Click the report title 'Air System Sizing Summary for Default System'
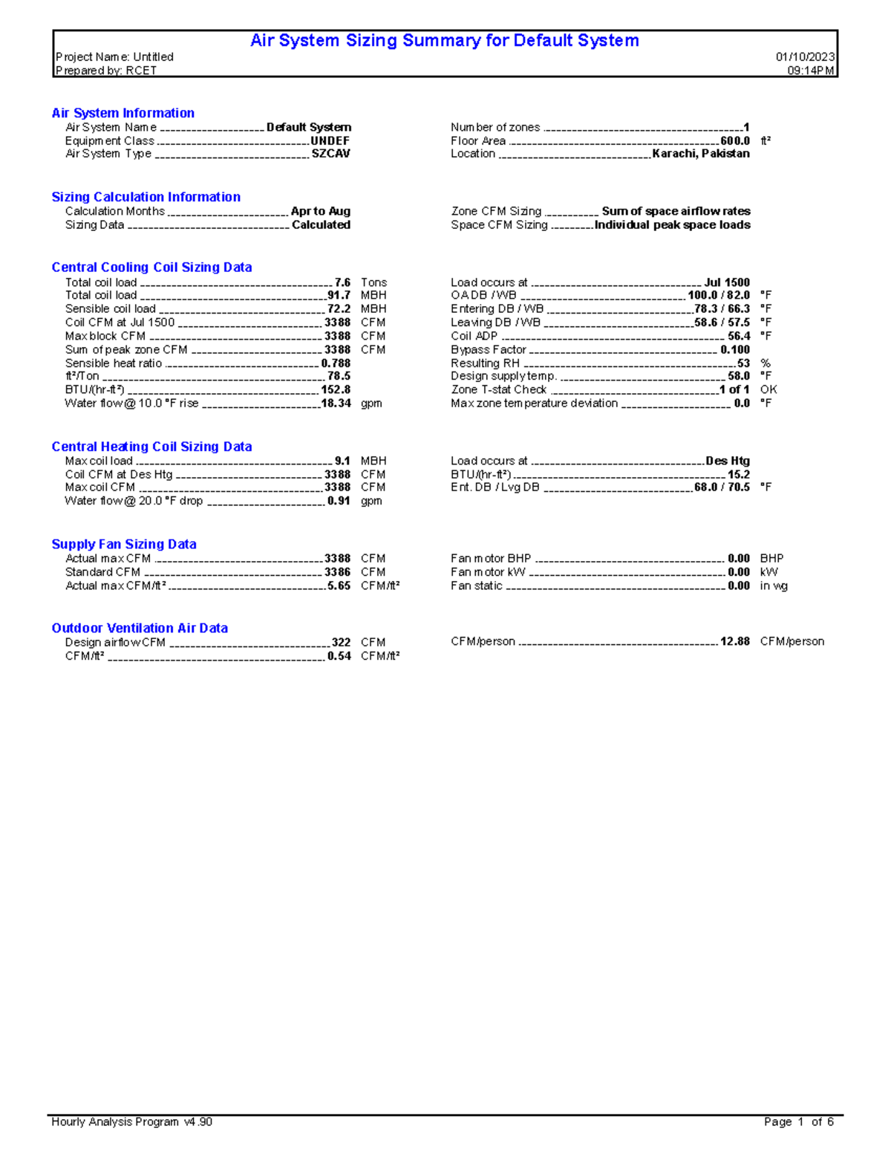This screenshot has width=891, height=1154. click(444, 41)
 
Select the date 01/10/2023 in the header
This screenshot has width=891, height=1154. click(805, 57)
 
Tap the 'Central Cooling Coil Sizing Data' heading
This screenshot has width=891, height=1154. click(151, 268)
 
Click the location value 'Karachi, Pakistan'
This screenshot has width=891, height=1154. click(700, 154)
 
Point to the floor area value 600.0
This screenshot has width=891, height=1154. click(734, 140)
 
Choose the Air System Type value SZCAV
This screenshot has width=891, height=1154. click(330, 154)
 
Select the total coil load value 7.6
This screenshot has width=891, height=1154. click(342, 282)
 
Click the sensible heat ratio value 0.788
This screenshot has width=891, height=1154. click(336, 363)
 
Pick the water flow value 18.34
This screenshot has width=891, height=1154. click(336, 403)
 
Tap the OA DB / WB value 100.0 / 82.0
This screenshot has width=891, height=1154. click(718, 295)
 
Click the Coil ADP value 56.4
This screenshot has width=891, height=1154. click(738, 336)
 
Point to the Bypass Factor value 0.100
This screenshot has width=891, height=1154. click(734, 350)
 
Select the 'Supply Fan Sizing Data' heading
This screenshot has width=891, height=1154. click(124, 545)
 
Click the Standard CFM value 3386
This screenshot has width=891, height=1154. click(337, 572)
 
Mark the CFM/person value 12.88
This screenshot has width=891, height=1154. click(734, 641)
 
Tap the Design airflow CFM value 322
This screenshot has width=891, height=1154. click(341, 642)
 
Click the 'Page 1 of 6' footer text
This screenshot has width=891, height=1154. click(798, 1122)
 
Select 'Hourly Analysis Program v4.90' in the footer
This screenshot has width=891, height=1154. click(131, 1122)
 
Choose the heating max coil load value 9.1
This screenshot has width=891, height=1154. click(342, 461)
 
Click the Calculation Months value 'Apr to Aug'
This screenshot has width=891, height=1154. click(320, 211)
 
